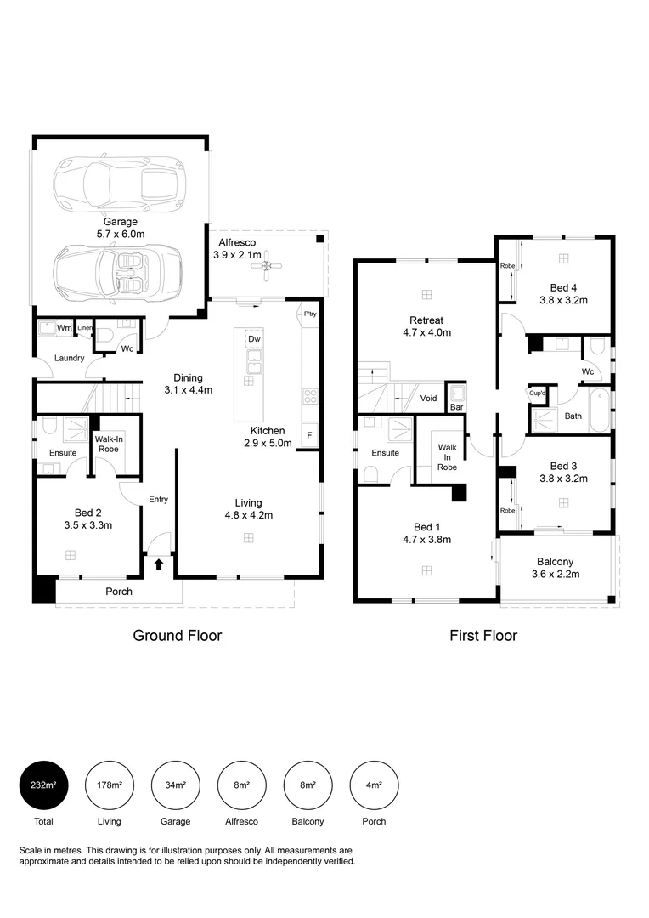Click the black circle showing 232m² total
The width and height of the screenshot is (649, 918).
pos(43,785)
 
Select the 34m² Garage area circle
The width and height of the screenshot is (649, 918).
pos(175,785)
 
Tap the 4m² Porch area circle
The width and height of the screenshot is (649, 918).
pos(374,785)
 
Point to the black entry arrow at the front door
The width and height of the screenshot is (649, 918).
pos(158,564)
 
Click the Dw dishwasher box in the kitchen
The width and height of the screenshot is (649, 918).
pos(254,340)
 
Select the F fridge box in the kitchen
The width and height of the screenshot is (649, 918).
pos(309,435)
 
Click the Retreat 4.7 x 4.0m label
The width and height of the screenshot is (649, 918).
pos(426,326)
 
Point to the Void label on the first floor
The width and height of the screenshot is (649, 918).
pos(428,398)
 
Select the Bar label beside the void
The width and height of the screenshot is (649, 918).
pos(456,408)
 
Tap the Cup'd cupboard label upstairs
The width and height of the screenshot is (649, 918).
pos(537,394)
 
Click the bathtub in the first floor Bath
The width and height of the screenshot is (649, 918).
pos(600,410)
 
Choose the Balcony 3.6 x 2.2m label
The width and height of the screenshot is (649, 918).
pos(556,568)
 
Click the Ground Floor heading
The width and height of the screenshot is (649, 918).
pos(178,635)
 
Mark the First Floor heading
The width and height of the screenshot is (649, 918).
pos(483,635)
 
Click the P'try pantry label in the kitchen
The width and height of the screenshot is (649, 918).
pos(309,314)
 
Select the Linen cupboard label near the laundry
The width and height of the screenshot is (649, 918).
pos(84,328)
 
